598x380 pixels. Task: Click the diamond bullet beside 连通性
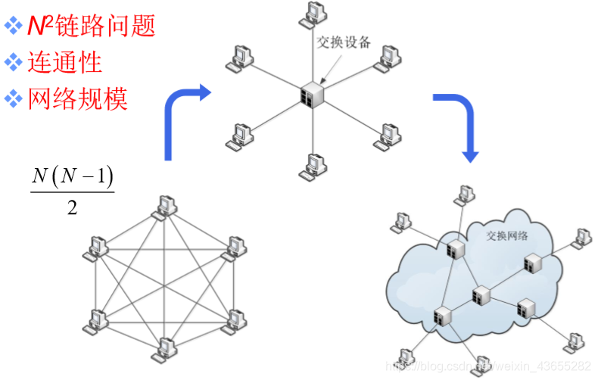pos(14,61)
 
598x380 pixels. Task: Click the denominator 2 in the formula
pos(72,207)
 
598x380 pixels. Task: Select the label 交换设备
pos(343,42)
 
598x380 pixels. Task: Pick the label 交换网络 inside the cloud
pos(507,235)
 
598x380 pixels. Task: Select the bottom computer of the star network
pos(313,164)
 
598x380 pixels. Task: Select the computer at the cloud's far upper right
pos(581,237)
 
